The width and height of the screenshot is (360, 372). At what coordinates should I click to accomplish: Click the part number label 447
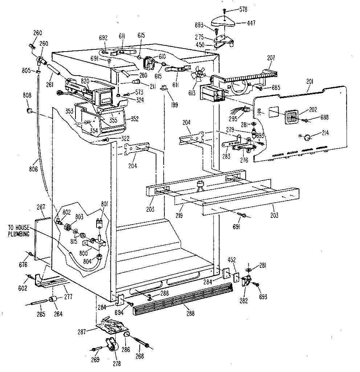[251, 23]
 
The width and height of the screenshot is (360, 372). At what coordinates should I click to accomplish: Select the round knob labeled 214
[307, 137]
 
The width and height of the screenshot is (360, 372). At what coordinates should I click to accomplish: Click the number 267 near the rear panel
[41, 207]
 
